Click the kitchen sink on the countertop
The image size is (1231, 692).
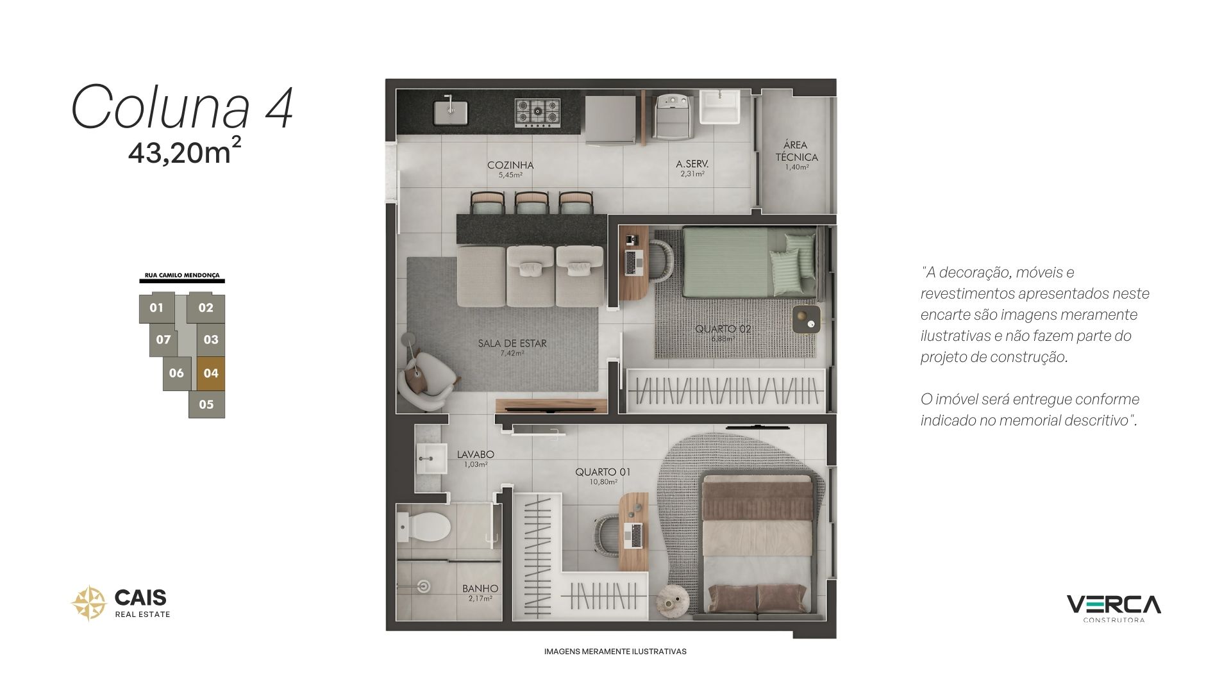tap(450, 111)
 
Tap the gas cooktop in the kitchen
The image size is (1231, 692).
tap(537, 113)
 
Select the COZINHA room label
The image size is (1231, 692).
tap(510, 165)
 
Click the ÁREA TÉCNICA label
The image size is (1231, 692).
tap(796, 151)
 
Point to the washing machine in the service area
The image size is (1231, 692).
tap(673, 117)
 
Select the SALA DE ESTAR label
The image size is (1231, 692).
tap(512, 343)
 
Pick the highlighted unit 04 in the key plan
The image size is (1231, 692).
tap(210, 374)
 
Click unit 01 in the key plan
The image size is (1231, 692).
tap(156, 308)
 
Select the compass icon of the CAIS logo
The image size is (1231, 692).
tap(88, 603)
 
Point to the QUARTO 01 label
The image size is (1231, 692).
tap(603, 472)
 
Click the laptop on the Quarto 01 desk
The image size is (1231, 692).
tap(636, 535)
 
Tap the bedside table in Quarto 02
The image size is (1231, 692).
tap(807, 319)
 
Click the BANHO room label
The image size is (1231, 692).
tap(480, 588)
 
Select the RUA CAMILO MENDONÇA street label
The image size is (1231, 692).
tap(182, 276)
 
